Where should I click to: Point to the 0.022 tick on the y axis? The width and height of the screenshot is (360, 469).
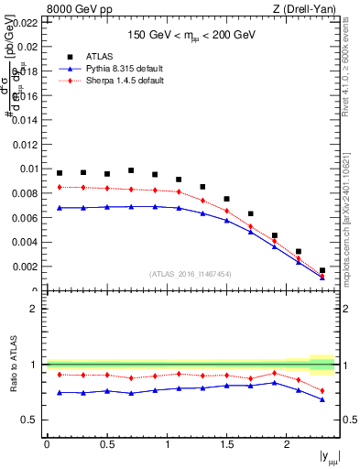point(27,22)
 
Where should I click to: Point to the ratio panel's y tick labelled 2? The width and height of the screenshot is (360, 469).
point(36,309)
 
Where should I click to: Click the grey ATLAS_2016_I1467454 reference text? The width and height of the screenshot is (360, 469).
point(191,274)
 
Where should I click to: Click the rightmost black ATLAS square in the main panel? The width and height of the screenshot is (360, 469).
point(322,270)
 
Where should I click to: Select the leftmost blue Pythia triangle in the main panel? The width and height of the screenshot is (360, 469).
point(60,208)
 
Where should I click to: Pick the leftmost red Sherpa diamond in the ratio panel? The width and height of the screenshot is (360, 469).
point(60,374)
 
